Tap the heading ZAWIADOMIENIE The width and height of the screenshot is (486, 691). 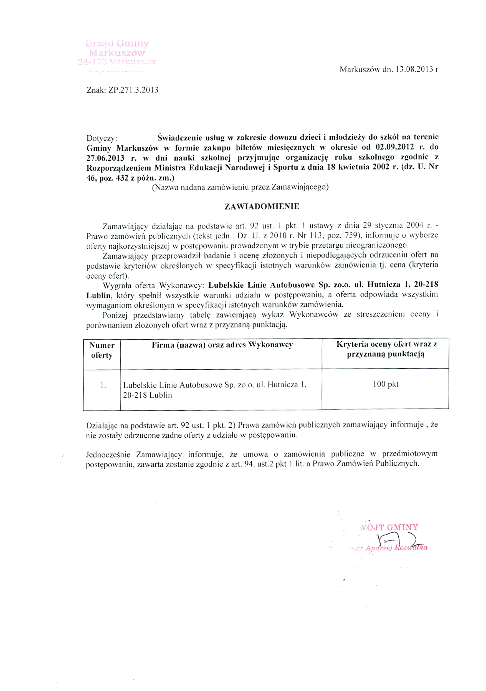pos(262,206)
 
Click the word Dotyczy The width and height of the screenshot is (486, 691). pos(101,138)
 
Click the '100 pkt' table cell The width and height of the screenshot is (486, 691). pos(386,384)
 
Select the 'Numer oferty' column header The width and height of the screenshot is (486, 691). pos(102,350)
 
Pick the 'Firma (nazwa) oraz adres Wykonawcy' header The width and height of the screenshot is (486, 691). pos(222,345)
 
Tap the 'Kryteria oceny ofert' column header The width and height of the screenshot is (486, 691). pos(386,349)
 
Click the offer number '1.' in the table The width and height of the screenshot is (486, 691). pos(103,385)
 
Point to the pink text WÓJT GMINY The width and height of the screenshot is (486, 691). pos(389,527)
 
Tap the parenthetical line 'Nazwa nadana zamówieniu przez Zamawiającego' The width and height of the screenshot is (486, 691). pos(240,187)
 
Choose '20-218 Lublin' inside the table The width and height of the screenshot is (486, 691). pos(148,395)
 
